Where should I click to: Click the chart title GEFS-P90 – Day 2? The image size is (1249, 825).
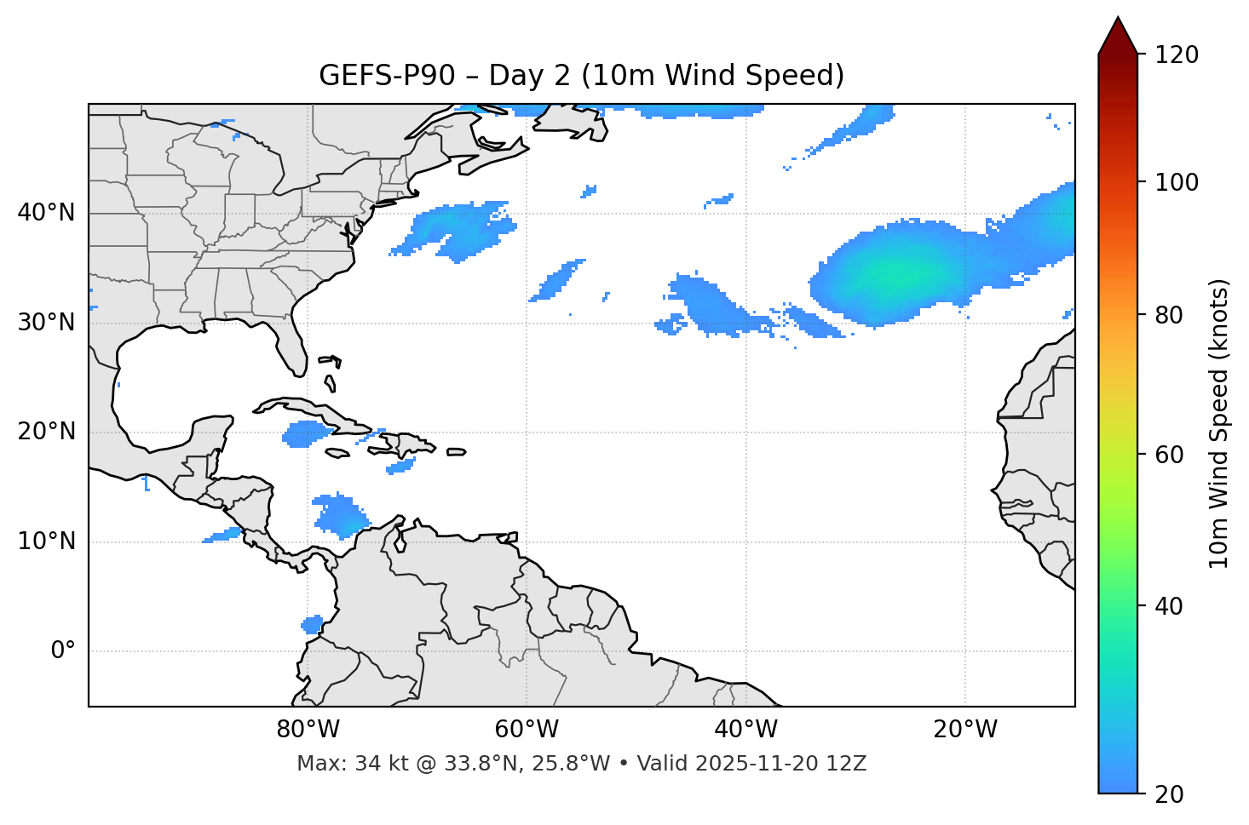click(581, 76)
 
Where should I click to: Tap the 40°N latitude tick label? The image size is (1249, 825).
click(46, 213)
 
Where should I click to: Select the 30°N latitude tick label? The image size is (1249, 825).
click(46, 323)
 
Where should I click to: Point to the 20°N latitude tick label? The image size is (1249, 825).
click(46, 432)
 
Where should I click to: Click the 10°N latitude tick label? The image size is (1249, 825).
click(46, 541)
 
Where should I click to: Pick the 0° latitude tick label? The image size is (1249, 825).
click(62, 651)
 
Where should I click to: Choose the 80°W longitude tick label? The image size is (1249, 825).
click(308, 730)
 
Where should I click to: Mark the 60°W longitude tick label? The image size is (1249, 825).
click(527, 730)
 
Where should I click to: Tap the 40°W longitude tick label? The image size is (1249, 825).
click(745, 730)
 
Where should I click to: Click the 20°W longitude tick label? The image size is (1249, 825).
click(964, 730)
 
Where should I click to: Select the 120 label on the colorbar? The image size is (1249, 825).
click(1177, 55)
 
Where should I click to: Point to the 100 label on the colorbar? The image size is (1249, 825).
click(1177, 182)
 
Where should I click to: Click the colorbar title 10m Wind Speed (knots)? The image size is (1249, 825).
click(1219, 423)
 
